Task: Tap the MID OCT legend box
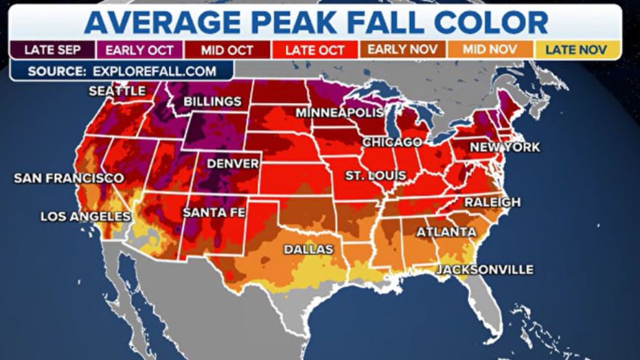[227, 49]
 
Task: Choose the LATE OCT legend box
[315, 49]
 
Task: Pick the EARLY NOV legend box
[403, 49]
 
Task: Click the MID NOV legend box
[490, 49]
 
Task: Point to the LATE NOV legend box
[578, 49]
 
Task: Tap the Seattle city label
[117, 91]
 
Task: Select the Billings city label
[212, 102]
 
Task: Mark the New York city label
[505, 147]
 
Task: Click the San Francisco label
[69, 178]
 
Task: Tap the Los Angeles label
[85, 216]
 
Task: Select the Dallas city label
[308, 249]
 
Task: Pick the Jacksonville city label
[484, 269]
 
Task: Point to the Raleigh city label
[492, 202]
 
